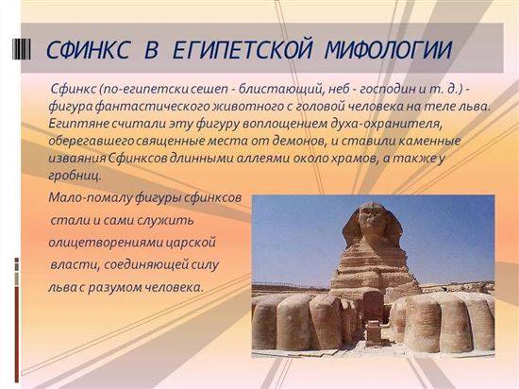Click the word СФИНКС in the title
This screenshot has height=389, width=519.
88,50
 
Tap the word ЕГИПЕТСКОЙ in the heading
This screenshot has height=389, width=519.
243,50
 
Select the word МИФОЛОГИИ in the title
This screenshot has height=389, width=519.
388,50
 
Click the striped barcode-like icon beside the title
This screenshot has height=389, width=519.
22,49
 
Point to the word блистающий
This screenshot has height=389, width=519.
280,90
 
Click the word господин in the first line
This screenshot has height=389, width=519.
387,90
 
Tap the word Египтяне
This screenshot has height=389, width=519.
78,124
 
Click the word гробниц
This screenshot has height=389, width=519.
75,176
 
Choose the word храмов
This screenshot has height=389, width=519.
353,159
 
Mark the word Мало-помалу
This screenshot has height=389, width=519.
90,198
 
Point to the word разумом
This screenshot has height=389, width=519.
114,287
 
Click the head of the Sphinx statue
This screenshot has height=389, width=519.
373,224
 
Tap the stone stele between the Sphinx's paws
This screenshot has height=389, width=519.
373,307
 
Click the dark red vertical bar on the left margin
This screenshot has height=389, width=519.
17,334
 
